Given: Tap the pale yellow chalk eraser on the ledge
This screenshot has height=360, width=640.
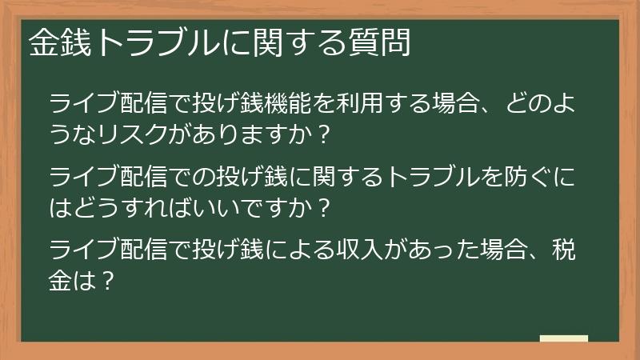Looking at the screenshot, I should tap(564, 338).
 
